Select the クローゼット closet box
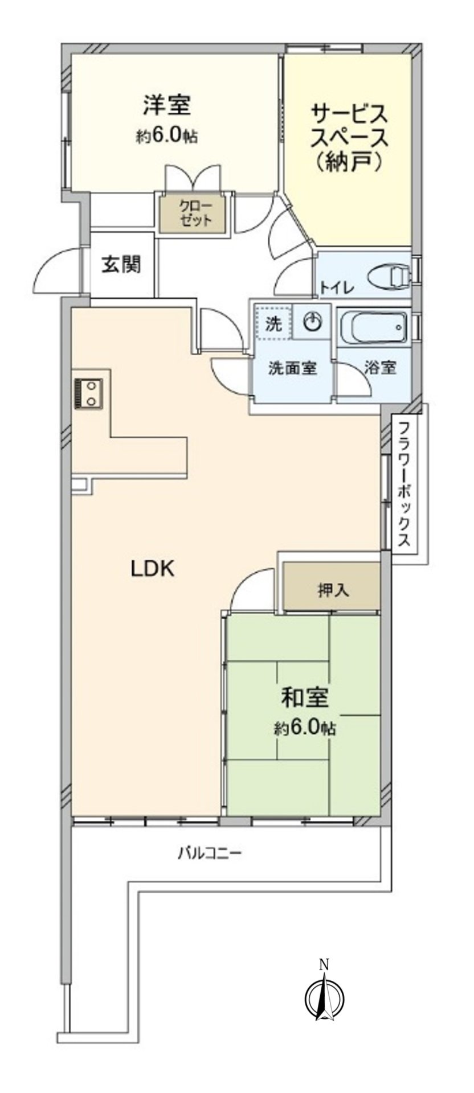[x=195, y=213]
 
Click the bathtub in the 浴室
[x=373, y=328]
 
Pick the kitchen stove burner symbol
[x=88, y=393]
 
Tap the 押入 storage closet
[x=333, y=590]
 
